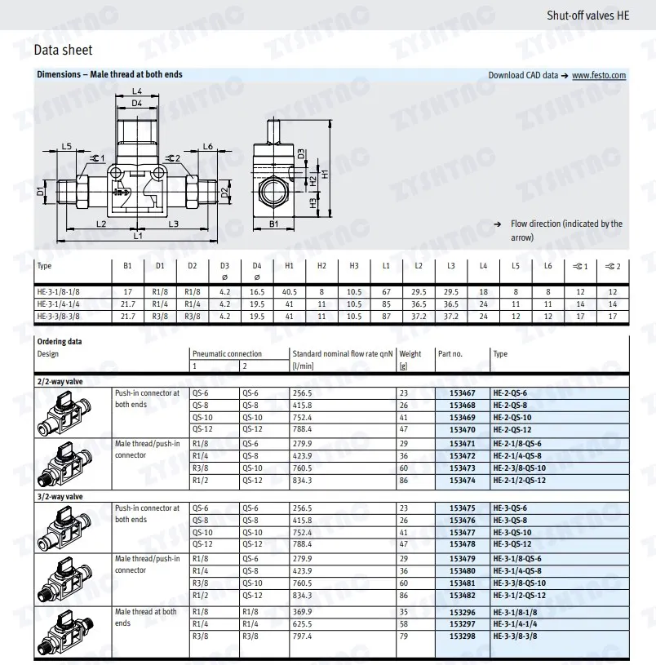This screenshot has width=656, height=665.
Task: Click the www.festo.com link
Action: coord(599,76)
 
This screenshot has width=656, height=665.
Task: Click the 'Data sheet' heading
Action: coord(63,51)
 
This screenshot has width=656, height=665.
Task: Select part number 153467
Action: coord(463,393)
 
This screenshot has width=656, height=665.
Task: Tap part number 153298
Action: coord(463,636)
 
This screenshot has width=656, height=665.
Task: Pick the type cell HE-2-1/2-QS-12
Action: coord(519,481)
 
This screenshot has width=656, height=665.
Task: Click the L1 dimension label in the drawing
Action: coord(138,236)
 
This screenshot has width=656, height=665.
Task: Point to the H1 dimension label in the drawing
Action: coord(325,173)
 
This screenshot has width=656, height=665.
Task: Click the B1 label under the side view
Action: coord(274,223)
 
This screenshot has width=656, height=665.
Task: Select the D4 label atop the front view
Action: coord(136,104)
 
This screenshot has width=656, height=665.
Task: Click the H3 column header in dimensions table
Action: coord(353,266)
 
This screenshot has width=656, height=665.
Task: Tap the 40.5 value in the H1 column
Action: coord(289,291)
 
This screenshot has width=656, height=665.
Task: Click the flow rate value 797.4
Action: coord(303,636)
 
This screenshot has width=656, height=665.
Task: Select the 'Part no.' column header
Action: coord(450,354)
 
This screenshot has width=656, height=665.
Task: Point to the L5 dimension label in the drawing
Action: coord(67,146)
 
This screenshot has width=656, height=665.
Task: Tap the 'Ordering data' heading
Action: coord(60,342)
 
